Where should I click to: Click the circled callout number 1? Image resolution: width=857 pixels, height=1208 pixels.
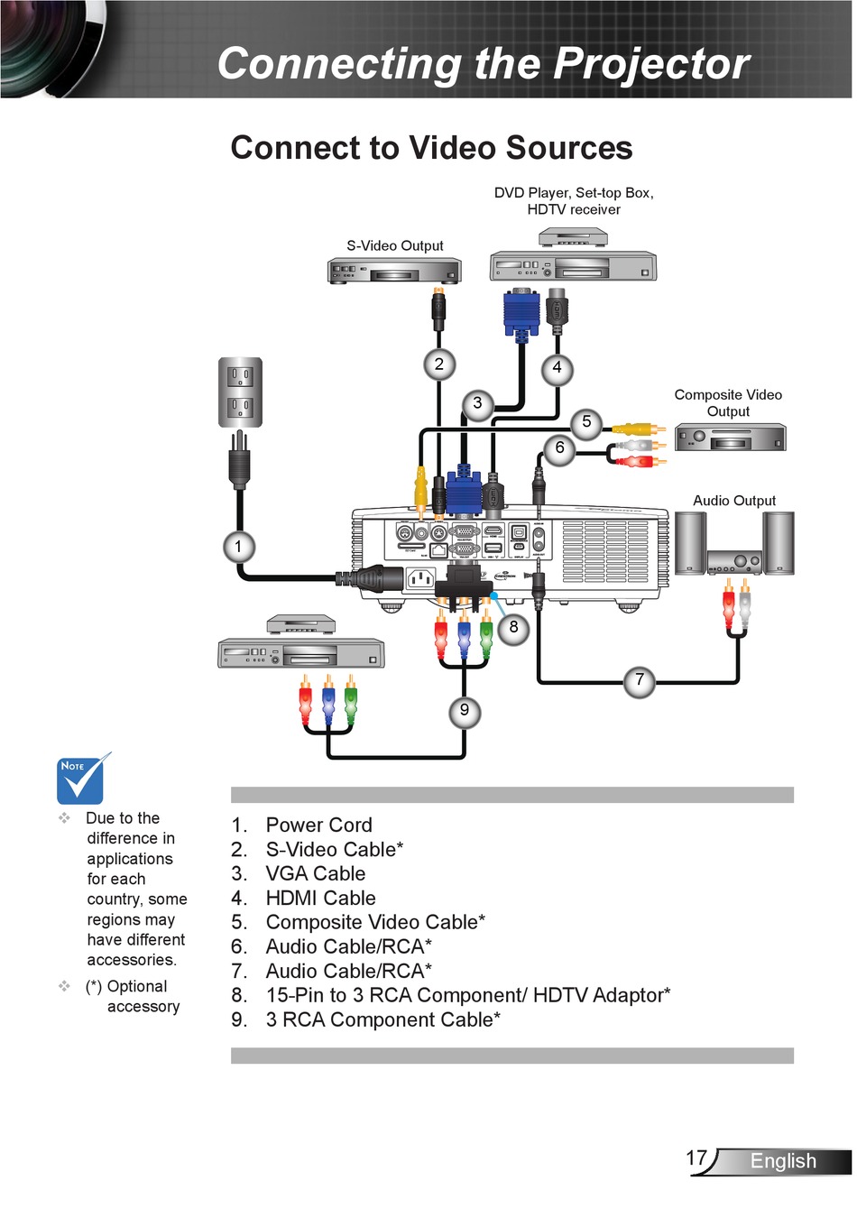tap(238, 547)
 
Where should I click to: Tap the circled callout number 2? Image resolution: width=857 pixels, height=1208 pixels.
tap(439, 364)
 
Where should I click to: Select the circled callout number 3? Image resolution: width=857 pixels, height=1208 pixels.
tap(477, 404)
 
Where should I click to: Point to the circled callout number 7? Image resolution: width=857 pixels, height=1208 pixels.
tap(640, 680)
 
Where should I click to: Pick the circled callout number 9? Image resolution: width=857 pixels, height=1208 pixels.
tap(465, 711)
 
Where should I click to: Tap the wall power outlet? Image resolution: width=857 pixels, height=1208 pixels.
tap(240, 392)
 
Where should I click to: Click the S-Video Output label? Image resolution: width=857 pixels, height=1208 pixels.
tap(395, 245)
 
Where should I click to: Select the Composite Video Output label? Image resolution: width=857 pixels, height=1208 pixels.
tap(728, 403)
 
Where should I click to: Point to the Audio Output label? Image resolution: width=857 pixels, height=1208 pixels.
tap(734, 501)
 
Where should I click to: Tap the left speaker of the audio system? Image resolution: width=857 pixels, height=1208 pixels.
tap(690, 543)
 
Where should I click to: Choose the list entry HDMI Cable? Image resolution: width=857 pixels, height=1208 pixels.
tap(320, 899)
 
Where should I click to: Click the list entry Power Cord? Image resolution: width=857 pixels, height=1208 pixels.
tap(318, 825)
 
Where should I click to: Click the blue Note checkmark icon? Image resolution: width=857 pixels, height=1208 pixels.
tap(81, 779)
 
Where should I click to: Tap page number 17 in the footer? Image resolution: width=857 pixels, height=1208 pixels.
tap(696, 1158)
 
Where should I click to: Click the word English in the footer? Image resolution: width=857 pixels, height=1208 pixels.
tap(783, 1162)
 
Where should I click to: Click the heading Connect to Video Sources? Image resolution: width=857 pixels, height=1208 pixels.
tap(431, 148)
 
